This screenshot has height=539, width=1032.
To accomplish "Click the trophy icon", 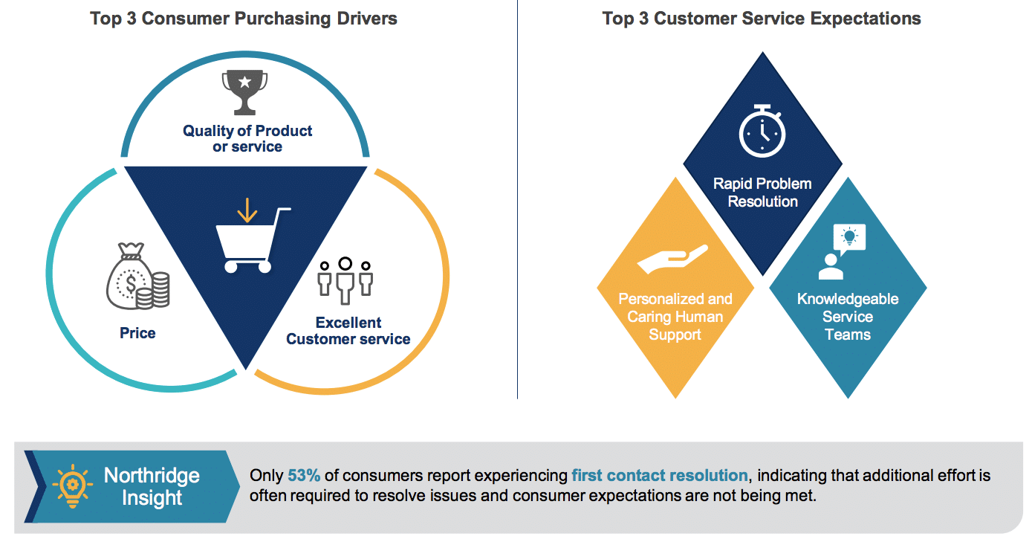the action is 244,92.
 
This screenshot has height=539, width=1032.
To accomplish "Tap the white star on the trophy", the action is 244,82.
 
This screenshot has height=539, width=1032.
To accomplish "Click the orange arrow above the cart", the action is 247,210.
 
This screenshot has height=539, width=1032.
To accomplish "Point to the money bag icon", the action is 137,276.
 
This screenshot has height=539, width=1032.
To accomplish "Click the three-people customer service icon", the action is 345,280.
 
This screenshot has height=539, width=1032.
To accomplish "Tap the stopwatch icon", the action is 762,131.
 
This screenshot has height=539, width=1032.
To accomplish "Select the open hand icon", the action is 672,259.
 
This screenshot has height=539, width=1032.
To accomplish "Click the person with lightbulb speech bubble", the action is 843,252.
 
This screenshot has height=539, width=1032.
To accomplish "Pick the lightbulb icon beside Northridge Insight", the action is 72,486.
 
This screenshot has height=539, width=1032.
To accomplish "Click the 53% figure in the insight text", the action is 304,475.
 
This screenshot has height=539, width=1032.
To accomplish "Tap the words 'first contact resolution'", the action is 659,475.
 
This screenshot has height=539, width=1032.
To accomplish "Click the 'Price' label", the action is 137,333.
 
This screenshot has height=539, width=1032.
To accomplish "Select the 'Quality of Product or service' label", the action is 247,138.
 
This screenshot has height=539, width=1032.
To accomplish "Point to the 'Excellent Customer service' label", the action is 348,331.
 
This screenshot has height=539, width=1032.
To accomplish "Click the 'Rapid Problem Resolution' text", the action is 762,193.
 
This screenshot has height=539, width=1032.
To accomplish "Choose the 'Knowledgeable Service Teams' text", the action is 848,316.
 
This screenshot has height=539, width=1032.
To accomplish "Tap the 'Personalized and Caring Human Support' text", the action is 675,316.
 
